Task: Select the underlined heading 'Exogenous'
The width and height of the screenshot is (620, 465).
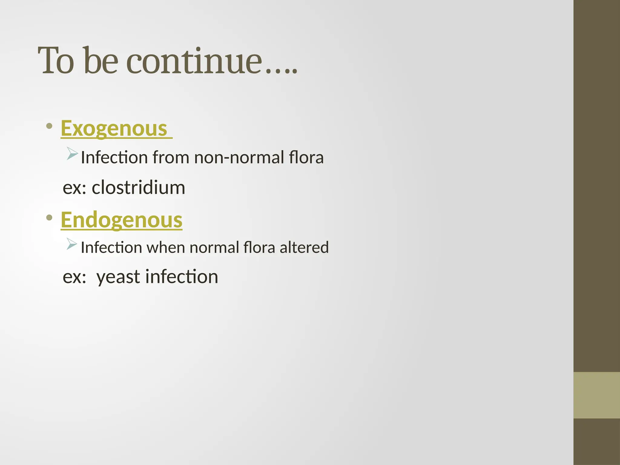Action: (114, 128)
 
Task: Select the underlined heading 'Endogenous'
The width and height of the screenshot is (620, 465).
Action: (121, 220)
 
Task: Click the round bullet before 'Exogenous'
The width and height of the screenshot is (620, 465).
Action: (49, 126)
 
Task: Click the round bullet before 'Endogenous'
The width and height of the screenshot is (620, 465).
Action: (49, 217)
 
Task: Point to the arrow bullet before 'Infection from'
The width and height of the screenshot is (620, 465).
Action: (72, 153)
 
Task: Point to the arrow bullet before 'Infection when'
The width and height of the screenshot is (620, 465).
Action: (72, 244)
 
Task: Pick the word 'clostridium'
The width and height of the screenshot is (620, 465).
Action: (138, 187)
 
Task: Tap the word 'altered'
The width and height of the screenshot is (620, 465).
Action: (304, 247)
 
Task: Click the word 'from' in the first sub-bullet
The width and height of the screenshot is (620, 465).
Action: (171, 157)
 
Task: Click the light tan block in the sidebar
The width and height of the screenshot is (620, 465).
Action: (597, 395)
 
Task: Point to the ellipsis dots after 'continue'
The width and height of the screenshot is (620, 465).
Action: (282, 71)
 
